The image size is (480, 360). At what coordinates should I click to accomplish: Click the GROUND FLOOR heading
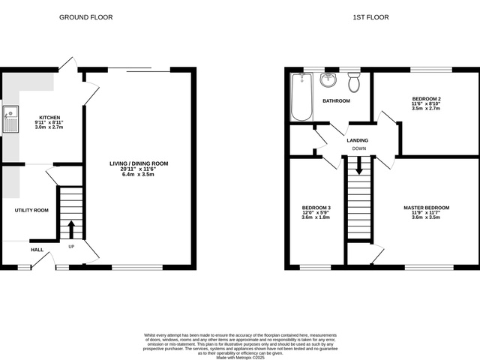85,16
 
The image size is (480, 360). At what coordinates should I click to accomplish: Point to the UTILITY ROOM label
31,210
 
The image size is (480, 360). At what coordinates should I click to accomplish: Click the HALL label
37,250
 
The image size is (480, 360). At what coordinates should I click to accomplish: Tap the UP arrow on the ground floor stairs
71,228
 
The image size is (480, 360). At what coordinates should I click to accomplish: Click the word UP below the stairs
71,246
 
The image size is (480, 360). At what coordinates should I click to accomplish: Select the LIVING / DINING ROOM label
139,163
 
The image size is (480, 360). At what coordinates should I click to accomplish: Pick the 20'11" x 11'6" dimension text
139,169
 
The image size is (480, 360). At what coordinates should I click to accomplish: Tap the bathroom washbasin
328,80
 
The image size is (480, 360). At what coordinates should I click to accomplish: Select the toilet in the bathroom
354,82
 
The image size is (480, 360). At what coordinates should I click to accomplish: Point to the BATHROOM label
336,100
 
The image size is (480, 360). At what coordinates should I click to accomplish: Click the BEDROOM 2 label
426,99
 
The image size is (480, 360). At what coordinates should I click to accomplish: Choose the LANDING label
358,140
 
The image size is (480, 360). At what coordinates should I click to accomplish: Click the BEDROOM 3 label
316,207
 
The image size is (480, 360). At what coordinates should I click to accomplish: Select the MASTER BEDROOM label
426,207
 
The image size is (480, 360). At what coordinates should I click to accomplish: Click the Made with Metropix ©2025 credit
240,358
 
